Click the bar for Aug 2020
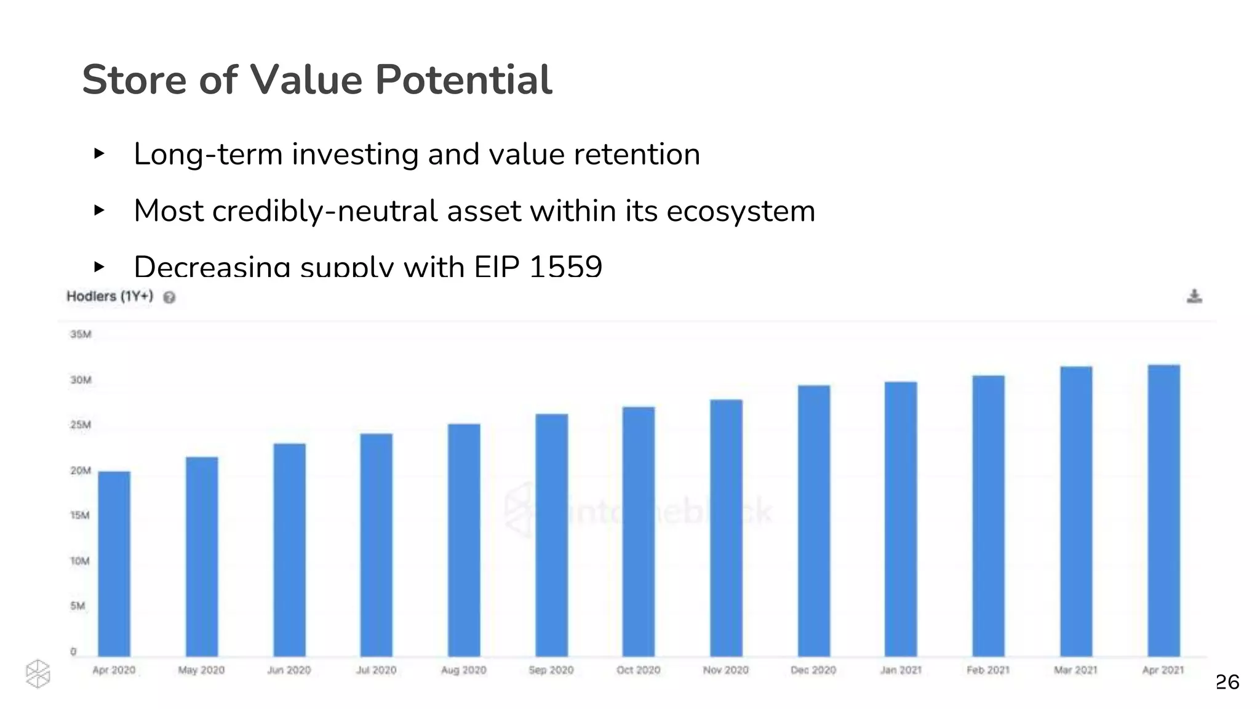pyautogui.click(x=464, y=540)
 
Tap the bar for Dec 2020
pyautogui.click(x=814, y=521)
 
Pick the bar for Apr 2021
pyautogui.click(x=1164, y=510)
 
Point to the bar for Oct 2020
pyautogui.click(x=639, y=531)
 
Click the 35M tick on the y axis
pyautogui.click(x=81, y=334)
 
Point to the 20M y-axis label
pyautogui.click(x=81, y=470)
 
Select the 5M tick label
pyautogui.click(x=78, y=606)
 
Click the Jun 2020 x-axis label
pyautogui.click(x=289, y=670)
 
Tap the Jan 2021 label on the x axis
pyautogui.click(x=901, y=670)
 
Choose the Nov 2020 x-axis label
pyautogui.click(x=726, y=670)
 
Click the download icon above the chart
pyautogui.click(x=1194, y=297)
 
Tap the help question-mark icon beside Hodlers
pyautogui.click(x=169, y=298)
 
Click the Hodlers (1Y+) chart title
pyautogui.click(x=110, y=296)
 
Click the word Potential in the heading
pyautogui.click(x=463, y=80)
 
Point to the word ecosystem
pyautogui.click(x=741, y=211)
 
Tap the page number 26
pyautogui.click(x=1227, y=682)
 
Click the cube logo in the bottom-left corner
pyautogui.click(x=38, y=674)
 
